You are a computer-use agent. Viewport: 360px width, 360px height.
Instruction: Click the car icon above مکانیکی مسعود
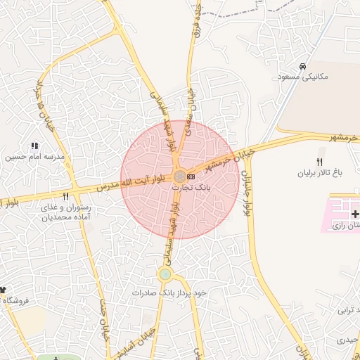pyautogui.click(x=302, y=66)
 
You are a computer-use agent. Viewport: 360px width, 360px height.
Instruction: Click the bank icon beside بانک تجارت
pyautogui.click(x=191, y=175)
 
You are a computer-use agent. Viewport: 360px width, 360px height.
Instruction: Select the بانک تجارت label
pyautogui.click(x=199, y=187)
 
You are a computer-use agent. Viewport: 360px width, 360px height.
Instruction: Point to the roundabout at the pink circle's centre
pyautogui.click(x=180, y=175)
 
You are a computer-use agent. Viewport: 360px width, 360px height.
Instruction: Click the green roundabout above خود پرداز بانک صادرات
pyautogui.click(x=165, y=274)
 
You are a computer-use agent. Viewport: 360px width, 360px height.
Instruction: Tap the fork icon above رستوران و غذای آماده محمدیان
pyautogui.click(x=65, y=197)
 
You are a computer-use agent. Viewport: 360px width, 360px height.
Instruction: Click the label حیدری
pyautogui.click(x=347, y=340)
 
